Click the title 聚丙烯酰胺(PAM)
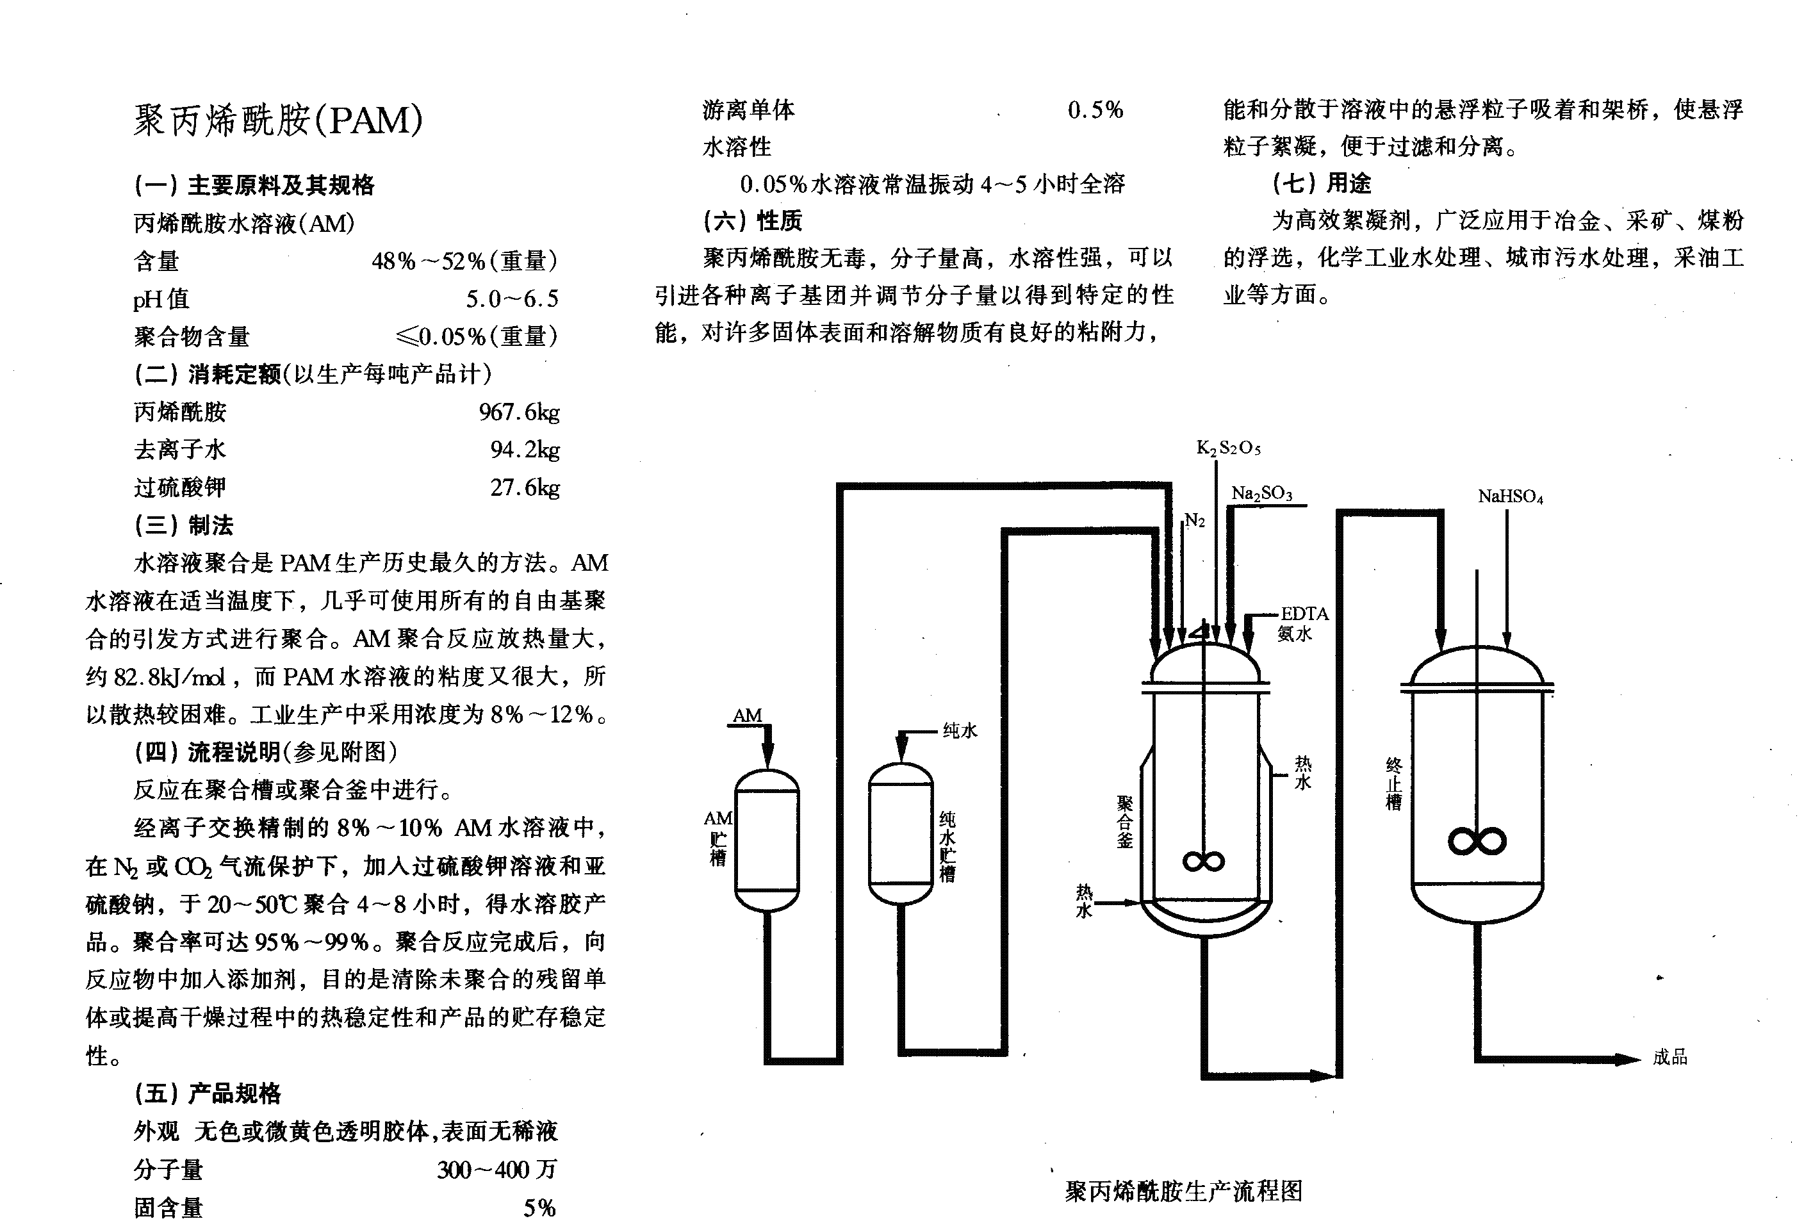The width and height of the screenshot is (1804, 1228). pyautogui.click(x=278, y=120)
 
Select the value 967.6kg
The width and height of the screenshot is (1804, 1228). pyautogui.click(x=518, y=412)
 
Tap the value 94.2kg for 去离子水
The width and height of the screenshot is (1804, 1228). pyautogui.click(x=524, y=450)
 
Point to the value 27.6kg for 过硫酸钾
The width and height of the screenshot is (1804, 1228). pyautogui.click(x=524, y=487)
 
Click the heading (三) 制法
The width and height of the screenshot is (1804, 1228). pyautogui.click(x=184, y=525)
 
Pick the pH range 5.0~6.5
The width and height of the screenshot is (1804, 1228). pyautogui.click(x=512, y=299)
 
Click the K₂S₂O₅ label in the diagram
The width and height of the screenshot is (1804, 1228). pyautogui.click(x=1228, y=448)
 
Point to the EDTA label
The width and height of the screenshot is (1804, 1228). pyautogui.click(x=1304, y=614)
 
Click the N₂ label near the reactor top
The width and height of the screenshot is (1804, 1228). pyautogui.click(x=1195, y=521)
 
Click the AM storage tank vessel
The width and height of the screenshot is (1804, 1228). pyautogui.click(x=766, y=839)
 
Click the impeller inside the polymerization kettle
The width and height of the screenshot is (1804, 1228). pyautogui.click(x=1203, y=861)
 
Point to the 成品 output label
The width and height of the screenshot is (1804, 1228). pyautogui.click(x=1669, y=1057)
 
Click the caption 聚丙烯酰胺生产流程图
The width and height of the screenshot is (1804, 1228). pyautogui.click(x=1183, y=1191)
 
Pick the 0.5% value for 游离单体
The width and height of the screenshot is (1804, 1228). pyautogui.click(x=1095, y=110)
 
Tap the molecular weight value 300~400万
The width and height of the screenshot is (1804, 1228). pyautogui.click(x=496, y=1170)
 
